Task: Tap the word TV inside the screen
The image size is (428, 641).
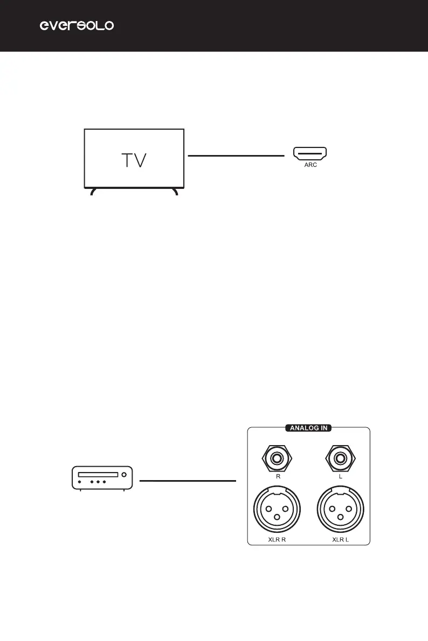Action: tap(133, 160)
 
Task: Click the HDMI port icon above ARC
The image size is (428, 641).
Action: tap(310, 155)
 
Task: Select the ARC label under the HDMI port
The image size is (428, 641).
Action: tap(310, 166)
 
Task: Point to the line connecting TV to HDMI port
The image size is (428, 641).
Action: tap(236, 156)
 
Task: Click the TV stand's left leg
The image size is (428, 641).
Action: tap(93, 191)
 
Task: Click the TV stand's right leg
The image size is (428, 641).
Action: tap(175, 191)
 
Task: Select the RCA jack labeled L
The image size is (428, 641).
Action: tap(340, 459)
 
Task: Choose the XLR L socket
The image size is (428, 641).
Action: tap(340, 509)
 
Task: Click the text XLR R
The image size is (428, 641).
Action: tap(278, 539)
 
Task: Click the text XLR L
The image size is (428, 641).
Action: tap(340, 539)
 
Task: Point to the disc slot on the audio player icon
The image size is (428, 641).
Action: tap(98, 475)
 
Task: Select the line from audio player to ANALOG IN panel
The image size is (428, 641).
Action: tap(188, 480)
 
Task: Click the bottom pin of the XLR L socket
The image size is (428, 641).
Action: tap(340, 518)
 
